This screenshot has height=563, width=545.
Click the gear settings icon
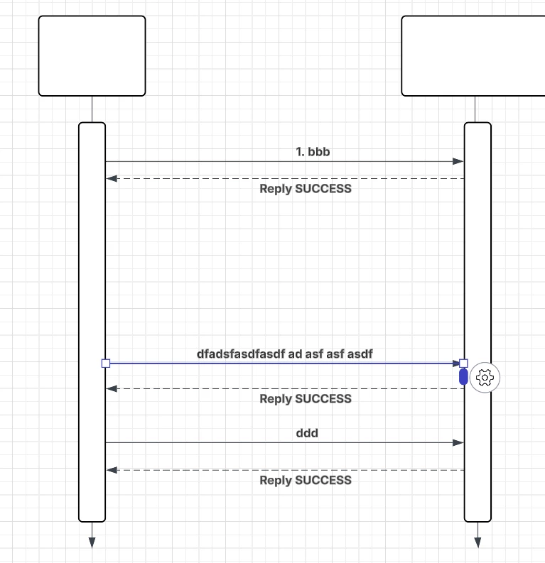[485, 378]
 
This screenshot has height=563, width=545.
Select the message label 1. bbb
[313, 152]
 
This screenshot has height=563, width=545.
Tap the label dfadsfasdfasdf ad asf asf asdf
[285, 353]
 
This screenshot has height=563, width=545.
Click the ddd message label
[306, 433]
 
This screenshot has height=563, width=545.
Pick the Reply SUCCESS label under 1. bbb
[306, 189]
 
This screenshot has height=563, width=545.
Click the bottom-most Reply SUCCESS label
[306, 480]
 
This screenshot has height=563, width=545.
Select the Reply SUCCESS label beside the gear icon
[306, 399]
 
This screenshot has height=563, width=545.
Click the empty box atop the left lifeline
[92, 55]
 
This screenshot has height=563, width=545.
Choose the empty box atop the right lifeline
[473, 55]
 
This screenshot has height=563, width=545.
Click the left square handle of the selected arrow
[106, 364]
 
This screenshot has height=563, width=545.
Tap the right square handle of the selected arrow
[463, 364]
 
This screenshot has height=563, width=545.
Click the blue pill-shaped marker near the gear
[463, 378]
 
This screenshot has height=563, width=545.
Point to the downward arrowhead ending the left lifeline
[92, 542]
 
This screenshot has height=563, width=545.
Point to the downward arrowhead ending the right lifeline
[477, 542]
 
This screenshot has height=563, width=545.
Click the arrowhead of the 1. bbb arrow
[458, 162]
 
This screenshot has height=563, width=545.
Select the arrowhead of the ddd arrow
[458, 443]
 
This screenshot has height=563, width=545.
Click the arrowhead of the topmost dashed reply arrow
[112, 179]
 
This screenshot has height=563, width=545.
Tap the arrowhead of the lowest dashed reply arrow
[112, 470]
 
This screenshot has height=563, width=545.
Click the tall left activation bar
[92, 284]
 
